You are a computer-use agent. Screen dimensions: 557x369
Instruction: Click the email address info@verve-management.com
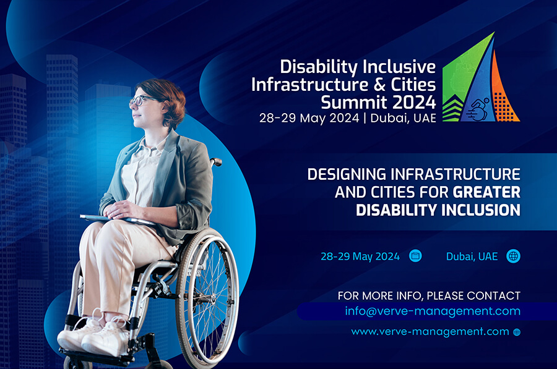pyautogui.click(x=433, y=311)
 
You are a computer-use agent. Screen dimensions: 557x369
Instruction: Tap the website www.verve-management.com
pyautogui.click(x=430, y=332)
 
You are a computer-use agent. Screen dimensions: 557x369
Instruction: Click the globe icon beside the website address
pyautogui.click(x=517, y=332)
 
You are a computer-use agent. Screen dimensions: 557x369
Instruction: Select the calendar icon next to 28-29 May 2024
pyautogui.click(x=415, y=256)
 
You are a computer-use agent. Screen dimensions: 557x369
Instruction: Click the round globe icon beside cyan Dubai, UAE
pyautogui.click(x=513, y=256)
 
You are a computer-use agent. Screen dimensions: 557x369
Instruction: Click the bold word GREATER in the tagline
pyautogui.click(x=486, y=192)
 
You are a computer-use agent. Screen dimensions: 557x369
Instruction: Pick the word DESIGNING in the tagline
pyautogui.click(x=347, y=174)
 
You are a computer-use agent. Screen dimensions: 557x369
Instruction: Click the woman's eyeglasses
pyautogui.click(x=141, y=100)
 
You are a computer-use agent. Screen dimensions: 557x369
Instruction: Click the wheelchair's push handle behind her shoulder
pyautogui.click(x=217, y=162)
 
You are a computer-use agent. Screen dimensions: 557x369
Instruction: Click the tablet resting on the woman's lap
pyautogui.click(x=118, y=219)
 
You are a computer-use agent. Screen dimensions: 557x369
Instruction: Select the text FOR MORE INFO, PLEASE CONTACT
pyautogui.click(x=429, y=295)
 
